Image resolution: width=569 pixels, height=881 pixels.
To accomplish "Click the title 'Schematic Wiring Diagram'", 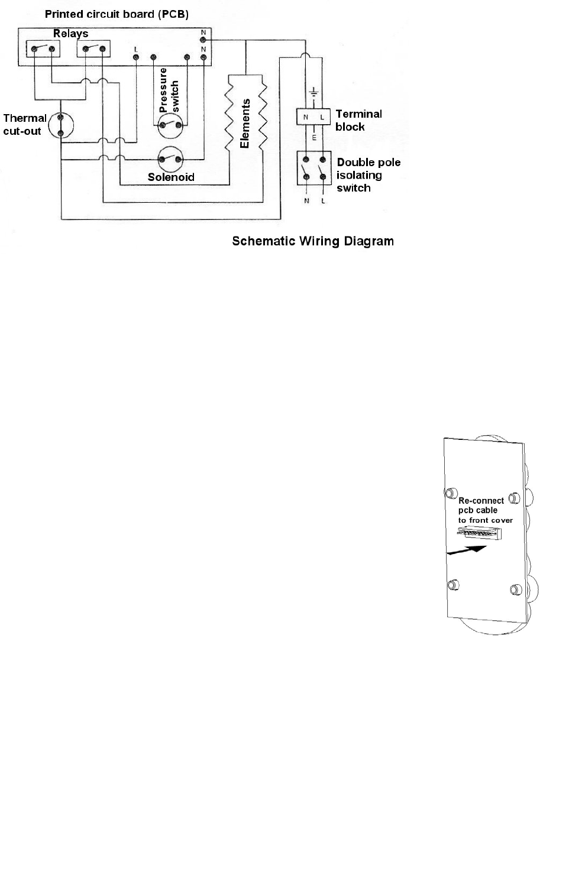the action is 312,241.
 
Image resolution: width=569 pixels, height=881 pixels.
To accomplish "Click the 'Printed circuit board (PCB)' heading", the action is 117,14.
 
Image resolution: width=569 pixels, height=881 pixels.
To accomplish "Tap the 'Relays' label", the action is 70,34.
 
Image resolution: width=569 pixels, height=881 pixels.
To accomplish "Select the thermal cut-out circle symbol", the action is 61,125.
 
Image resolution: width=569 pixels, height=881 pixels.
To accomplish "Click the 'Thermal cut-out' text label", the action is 24,124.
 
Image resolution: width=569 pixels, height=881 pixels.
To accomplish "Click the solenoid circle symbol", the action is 170,159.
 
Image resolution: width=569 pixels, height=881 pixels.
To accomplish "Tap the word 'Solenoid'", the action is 171,177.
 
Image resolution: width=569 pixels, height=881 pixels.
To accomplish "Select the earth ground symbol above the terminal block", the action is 314,93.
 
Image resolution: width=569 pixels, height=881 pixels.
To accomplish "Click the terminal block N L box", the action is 313,117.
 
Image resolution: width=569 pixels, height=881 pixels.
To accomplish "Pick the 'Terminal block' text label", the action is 358,120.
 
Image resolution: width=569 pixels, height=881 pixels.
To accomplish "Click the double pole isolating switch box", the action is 313,168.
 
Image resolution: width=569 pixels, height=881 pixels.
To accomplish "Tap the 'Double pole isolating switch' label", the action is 368,175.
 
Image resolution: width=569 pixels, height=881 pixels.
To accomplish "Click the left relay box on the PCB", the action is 43,48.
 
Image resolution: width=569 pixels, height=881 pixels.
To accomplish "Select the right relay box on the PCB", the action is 94,48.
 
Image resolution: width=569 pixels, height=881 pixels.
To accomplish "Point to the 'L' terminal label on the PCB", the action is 136,48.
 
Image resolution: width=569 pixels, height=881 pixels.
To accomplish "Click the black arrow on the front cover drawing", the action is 467,550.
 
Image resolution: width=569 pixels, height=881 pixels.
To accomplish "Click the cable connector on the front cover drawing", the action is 480,532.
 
